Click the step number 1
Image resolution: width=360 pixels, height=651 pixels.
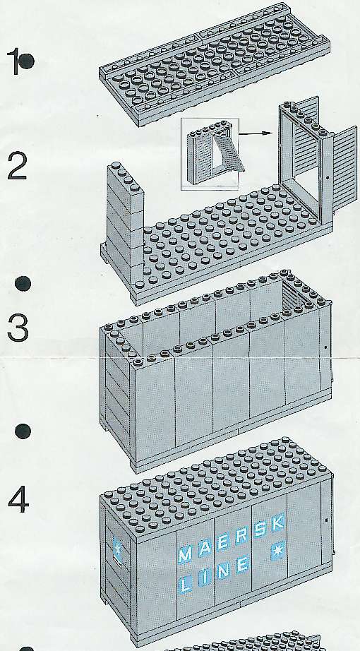coord(16,61)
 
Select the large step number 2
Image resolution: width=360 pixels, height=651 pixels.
coord(18,166)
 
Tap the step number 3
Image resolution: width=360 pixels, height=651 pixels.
coord(18,328)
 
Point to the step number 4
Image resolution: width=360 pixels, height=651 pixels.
coord(18,501)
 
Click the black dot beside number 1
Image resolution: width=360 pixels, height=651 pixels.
coord(27,61)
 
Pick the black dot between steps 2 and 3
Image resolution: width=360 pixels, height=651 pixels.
coord(23,284)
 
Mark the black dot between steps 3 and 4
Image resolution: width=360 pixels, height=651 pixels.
coord(23,431)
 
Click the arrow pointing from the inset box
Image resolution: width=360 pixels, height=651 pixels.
coord(256,133)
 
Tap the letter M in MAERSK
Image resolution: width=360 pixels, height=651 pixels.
coord(185,554)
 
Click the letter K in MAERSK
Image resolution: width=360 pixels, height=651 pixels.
coord(278,522)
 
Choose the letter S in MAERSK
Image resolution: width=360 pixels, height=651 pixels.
coord(260,528)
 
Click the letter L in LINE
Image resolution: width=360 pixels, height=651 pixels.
coord(186,584)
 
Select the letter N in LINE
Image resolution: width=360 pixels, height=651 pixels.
coord(223,571)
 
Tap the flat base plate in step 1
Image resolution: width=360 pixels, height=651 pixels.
coord(215,64)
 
